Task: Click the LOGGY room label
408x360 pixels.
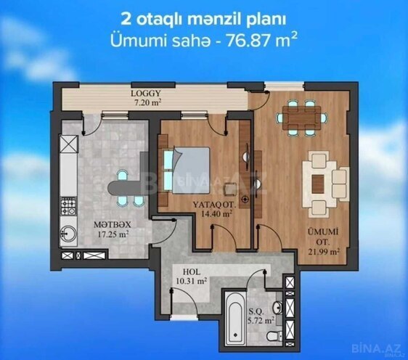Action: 147,94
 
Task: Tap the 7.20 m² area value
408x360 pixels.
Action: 147,103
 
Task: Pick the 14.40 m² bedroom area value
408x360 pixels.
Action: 217,214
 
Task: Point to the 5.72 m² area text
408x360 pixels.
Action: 262,319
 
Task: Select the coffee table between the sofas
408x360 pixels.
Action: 318,174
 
